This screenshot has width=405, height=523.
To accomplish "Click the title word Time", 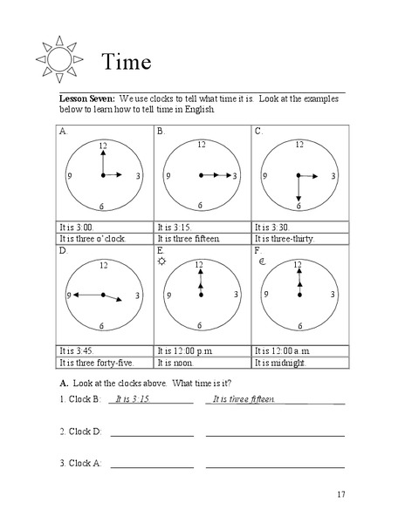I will tap(127, 63).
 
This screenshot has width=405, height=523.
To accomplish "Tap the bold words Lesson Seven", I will tap(87, 99).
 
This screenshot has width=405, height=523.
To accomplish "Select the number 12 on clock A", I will tap(103, 145).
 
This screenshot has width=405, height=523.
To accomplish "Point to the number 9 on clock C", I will tap(265, 176).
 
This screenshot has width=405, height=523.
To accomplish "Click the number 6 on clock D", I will tap(103, 325).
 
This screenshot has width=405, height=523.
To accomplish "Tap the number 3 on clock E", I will tap(236, 295).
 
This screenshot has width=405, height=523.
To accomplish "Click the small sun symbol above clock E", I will tap(161, 261).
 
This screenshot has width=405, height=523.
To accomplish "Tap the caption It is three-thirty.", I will tap(284, 238).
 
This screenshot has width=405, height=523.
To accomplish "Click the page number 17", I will tap(340, 495).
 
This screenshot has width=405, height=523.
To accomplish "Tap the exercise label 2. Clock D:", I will tap(81, 431).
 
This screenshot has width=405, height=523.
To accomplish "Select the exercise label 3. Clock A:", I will tap(81, 463).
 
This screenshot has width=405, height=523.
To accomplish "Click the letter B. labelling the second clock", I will tap(161, 131).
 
